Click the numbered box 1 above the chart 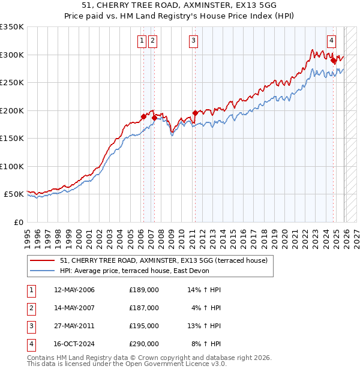142,41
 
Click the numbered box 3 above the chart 194,41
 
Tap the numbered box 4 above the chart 331,41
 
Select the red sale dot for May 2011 195,113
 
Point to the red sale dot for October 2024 334,60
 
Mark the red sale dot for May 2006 143,116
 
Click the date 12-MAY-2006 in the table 74,290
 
